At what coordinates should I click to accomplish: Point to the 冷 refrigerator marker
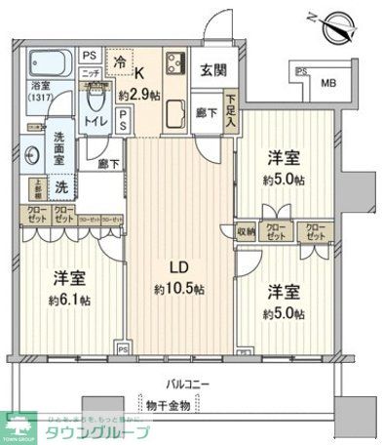[118, 61]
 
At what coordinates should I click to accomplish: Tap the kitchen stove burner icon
[175, 66]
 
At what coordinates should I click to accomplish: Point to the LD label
[179, 266]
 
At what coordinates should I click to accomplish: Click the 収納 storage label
[246, 231]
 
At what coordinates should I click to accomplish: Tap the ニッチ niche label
[90, 72]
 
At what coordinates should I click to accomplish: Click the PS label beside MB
[302, 72]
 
